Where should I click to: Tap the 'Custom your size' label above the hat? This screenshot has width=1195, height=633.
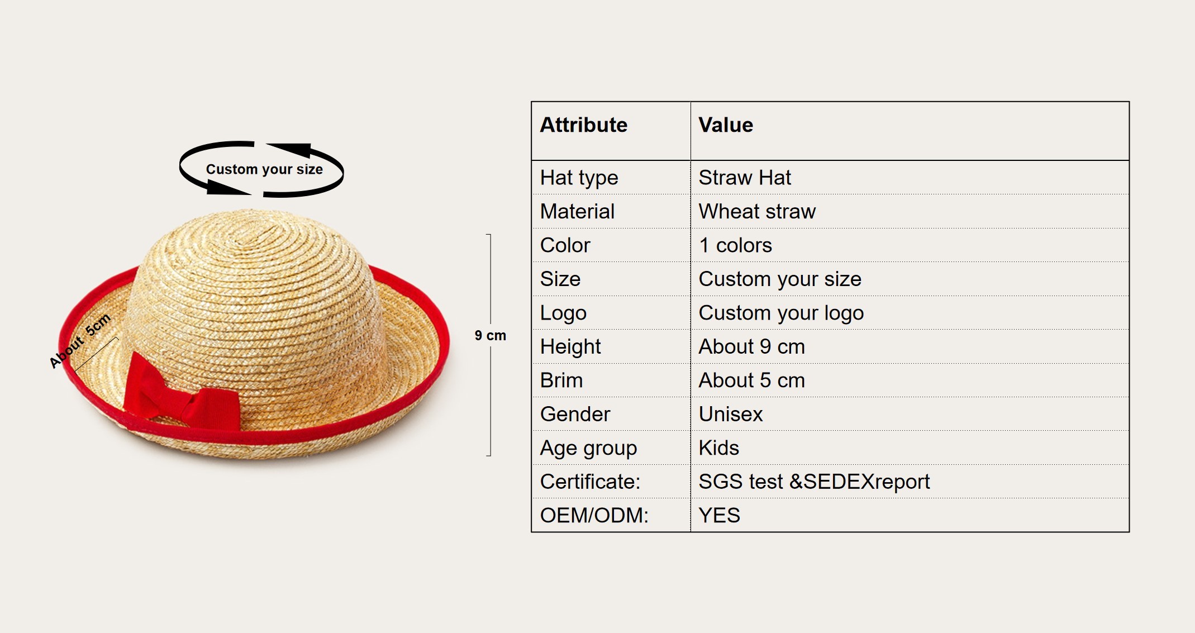tap(264, 169)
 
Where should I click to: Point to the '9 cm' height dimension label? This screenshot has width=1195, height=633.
tap(491, 335)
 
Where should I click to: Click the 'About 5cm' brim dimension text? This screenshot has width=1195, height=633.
tap(80, 341)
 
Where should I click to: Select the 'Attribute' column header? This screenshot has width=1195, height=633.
tap(584, 125)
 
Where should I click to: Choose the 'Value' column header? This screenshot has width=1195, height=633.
tap(726, 125)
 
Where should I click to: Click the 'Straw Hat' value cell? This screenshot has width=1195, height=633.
tap(745, 178)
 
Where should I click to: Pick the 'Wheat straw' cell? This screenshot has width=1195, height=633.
tap(757, 211)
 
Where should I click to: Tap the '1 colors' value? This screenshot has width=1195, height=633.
tap(735, 245)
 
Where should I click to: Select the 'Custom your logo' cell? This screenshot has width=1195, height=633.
tap(781, 313)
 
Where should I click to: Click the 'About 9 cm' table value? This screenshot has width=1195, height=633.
tap(751, 346)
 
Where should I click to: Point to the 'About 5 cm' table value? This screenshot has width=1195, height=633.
tap(751, 380)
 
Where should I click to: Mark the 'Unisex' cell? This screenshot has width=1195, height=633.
tap(731, 414)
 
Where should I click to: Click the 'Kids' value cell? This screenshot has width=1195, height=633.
tap(719, 448)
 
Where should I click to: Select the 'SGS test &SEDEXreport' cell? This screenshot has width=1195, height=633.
tap(814, 482)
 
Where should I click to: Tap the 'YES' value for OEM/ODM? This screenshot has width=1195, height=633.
tap(720, 515)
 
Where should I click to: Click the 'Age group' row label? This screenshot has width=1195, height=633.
tap(588, 449)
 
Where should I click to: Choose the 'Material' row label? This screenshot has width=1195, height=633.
tap(577, 211)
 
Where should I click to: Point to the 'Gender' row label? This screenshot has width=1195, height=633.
tap(575, 414)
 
